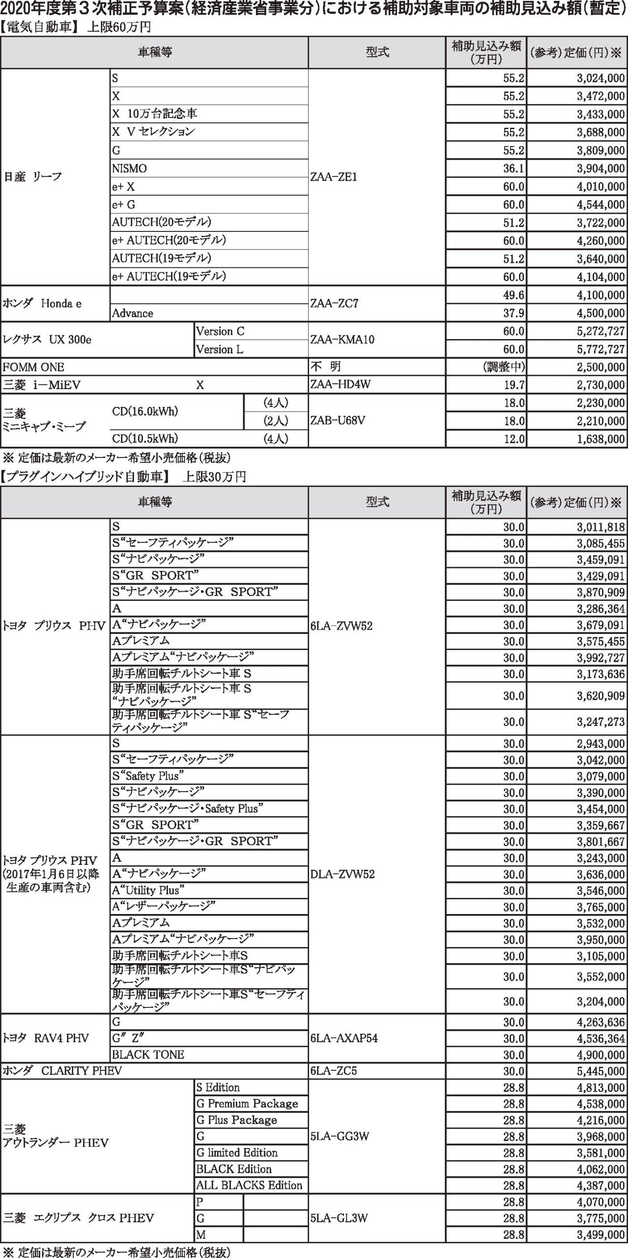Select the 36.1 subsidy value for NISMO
pyautogui.click(x=514, y=169)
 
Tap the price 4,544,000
pyautogui.click(x=600, y=205)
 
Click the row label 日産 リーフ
pyautogui.click(x=33, y=177)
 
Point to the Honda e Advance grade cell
pyautogui.click(x=133, y=313)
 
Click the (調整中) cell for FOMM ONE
pyautogui.click(x=504, y=367)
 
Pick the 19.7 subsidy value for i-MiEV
pyautogui.click(x=514, y=385)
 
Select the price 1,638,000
pyautogui.click(x=600, y=439)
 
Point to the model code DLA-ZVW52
pyautogui.click(x=342, y=874)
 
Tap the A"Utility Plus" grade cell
pyautogui.click(x=148, y=890)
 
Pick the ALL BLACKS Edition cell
pyautogui.click(x=249, y=1185)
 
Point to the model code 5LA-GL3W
pyautogui.click(x=339, y=1218)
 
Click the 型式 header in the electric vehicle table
pyautogui.click(x=377, y=53)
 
